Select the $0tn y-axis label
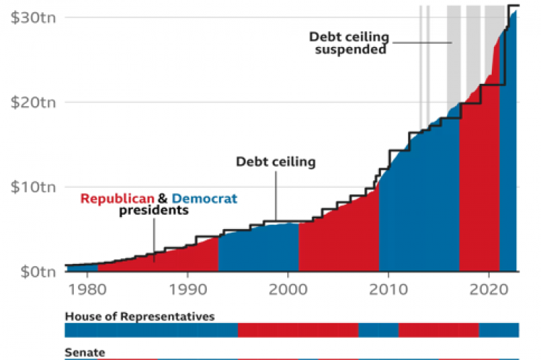pos(33,273)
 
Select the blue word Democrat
pos(205,198)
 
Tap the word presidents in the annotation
pos(153,210)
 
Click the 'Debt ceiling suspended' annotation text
pos(349,43)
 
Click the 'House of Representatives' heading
pos(140,317)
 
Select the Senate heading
pos(85,353)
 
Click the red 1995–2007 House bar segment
pos(298,330)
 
